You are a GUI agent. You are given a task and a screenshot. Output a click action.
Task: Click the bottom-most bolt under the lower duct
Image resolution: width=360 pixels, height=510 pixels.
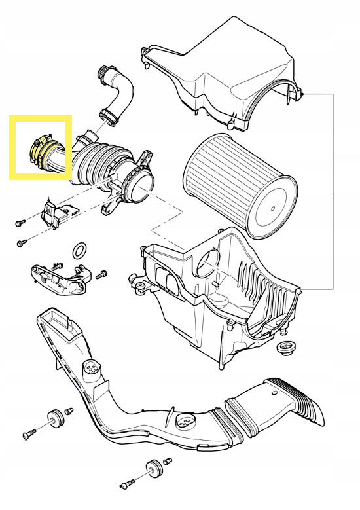click(127, 484)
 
